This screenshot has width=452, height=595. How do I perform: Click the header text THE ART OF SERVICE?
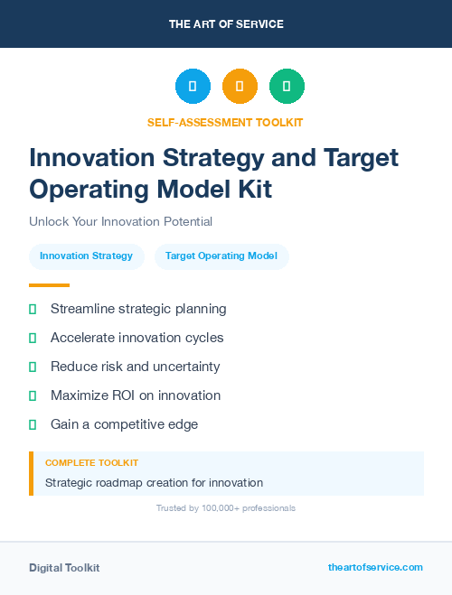[226, 24]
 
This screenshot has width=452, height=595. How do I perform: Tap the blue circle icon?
[193, 87]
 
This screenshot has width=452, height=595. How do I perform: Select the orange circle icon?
[240, 87]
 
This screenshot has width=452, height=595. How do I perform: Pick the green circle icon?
[287, 87]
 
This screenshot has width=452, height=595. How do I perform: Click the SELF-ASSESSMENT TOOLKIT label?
[226, 122]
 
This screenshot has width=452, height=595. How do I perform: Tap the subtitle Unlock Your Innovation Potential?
[120, 221]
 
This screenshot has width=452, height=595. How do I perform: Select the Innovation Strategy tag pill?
[86, 256]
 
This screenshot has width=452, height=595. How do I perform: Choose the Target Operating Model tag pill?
[221, 256]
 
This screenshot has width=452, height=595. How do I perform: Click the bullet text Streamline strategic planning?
[138, 309]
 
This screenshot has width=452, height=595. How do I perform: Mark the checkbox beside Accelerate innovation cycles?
[33, 338]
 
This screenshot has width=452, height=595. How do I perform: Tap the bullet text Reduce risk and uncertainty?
[135, 367]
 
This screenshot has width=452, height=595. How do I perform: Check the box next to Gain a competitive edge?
[33, 424]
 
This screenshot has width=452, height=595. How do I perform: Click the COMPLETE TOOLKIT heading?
[91, 462]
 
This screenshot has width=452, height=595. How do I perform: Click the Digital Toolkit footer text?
[64, 568]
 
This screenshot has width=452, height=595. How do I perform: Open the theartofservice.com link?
[375, 567]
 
